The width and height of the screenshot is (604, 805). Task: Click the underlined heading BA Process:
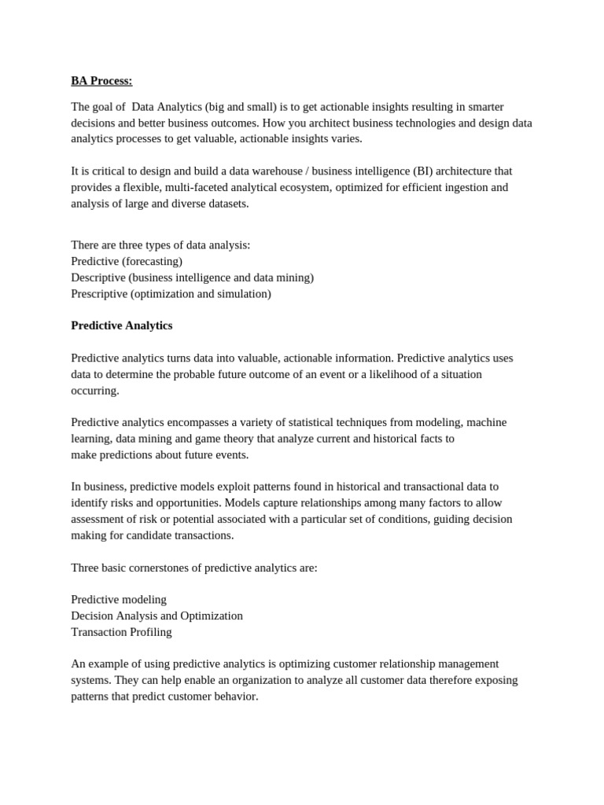(101, 81)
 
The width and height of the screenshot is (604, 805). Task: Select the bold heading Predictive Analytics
(121, 325)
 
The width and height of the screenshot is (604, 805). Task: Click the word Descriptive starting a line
(98, 278)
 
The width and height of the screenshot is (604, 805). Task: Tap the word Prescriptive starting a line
(99, 294)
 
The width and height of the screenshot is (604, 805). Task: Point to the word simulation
(241, 294)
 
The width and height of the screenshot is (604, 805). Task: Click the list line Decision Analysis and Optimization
(157, 616)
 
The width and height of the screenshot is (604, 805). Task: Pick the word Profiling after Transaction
(153, 632)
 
